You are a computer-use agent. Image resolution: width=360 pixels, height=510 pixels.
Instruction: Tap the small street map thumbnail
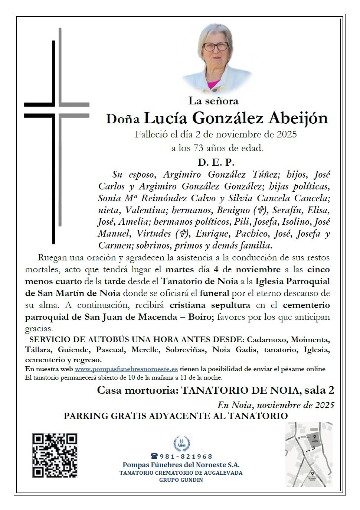pyautogui.click(x=308, y=454)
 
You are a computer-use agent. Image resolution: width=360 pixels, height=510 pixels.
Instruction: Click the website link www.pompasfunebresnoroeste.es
pyautogui.click(x=126, y=369)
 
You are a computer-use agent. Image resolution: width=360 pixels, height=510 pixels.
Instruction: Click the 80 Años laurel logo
pyautogui.click(x=181, y=443)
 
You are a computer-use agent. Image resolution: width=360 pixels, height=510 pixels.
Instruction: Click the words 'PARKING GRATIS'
pyautogui.click(x=105, y=416)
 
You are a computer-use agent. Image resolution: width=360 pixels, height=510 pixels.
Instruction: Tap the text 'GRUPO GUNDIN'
pyautogui.click(x=181, y=480)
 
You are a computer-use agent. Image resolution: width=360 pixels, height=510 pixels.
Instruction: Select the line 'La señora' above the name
pyautogui.click(x=213, y=100)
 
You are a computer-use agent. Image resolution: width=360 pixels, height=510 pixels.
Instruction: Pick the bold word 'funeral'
pyautogui.click(x=215, y=293)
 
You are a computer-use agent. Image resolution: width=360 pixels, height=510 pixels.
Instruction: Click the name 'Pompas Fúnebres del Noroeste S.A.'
pyautogui.click(x=181, y=465)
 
